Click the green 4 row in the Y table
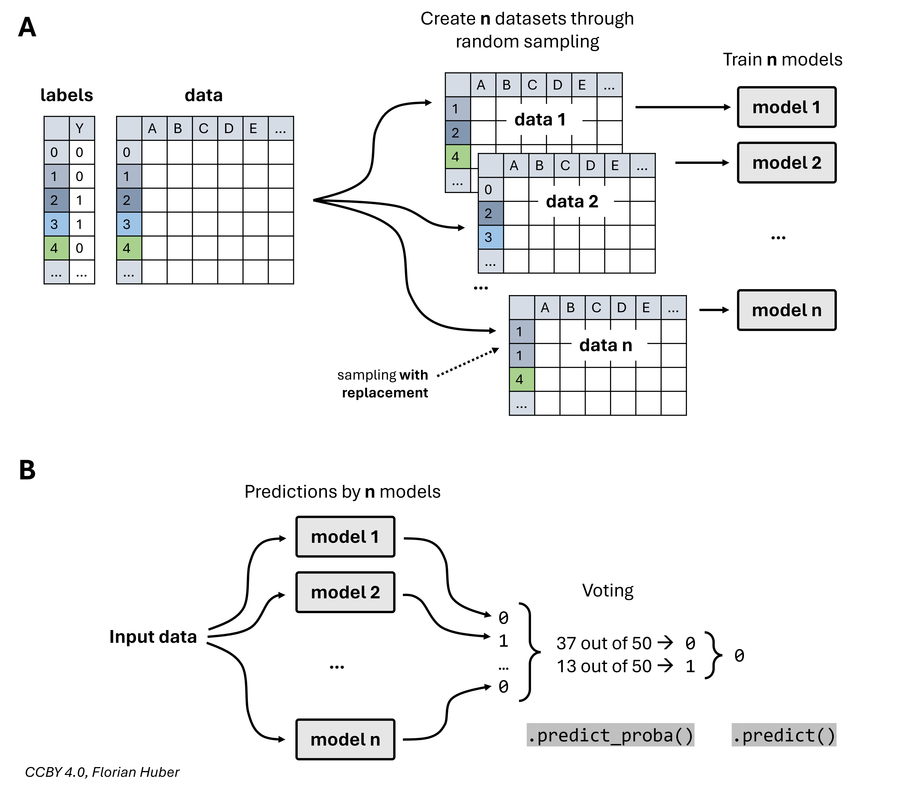pyautogui.click(x=57, y=248)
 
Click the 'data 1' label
pyautogui.click(x=540, y=119)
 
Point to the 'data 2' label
pyautogui.click(x=572, y=201)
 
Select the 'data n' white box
pyautogui.click(x=609, y=345)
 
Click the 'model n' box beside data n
pyautogui.click(x=786, y=310)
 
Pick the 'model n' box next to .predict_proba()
pyautogui.click(x=345, y=739)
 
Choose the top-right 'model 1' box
pyautogui.click(x=786, y=107)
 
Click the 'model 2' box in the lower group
pyautogui.click(x=345, y=592)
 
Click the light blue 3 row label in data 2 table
pyautogui.click(x=490, y=237)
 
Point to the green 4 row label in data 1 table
pyautogui.click(x=458, y=156)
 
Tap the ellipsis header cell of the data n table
pyautogui.click(x=673, y=307)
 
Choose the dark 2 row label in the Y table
pyautogui.click(x=57, y=200)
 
